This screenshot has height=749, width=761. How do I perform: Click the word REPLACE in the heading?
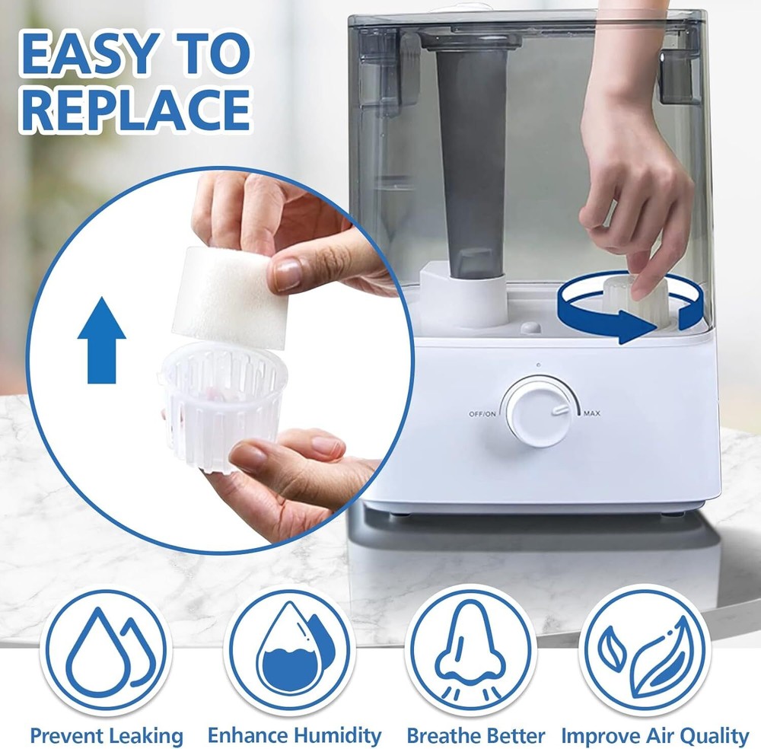tap(135, 109)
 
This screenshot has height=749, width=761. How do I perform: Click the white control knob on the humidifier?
tap(536, 412)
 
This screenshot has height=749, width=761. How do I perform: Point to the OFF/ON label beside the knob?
tap(483, 414)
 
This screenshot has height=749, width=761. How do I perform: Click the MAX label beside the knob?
tap(591, 414)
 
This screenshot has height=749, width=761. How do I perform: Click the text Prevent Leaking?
tap(107, 736)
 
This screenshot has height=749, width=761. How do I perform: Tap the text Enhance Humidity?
tap(294, 735)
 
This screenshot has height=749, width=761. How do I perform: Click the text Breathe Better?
tap(476, 736)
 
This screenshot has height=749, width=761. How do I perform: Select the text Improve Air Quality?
tap(654, 736)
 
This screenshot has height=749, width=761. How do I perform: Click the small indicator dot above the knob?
tap(537, 365)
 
